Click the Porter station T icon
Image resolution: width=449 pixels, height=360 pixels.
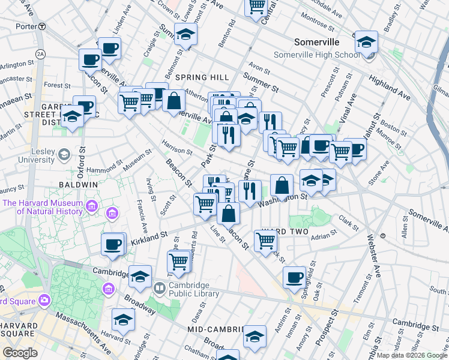tap(41, 26)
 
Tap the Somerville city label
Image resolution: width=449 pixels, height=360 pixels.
tap(316, 42)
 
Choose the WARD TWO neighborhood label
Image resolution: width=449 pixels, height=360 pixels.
tap(281, 232)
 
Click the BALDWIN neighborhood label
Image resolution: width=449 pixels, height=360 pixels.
tap(78, 184)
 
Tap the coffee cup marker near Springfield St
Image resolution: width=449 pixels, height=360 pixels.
tap(294, 277)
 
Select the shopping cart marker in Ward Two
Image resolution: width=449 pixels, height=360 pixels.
tap(265, 241)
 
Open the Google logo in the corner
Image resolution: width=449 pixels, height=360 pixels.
tap(20, 353)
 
